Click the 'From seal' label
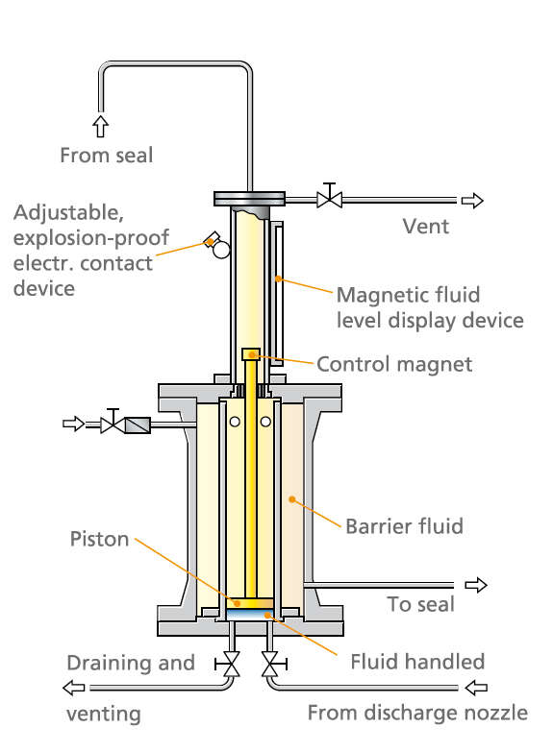[106, 155]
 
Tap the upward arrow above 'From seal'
[100, 126]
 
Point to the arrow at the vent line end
[471, 200]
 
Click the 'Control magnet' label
[394, 363]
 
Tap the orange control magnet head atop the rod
[251, 354]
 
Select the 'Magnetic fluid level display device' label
[429, 307]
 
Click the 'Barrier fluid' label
[404, 525]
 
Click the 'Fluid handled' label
[417, 661]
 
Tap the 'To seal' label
[420, 605]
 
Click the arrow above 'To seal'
[475, 585]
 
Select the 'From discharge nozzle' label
[417, 713]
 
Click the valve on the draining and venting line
[231, 664]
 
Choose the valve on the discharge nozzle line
[270, 664]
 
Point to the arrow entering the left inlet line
[73, 423]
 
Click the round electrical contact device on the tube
[221, 250]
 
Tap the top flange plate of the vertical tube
[252, 199]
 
